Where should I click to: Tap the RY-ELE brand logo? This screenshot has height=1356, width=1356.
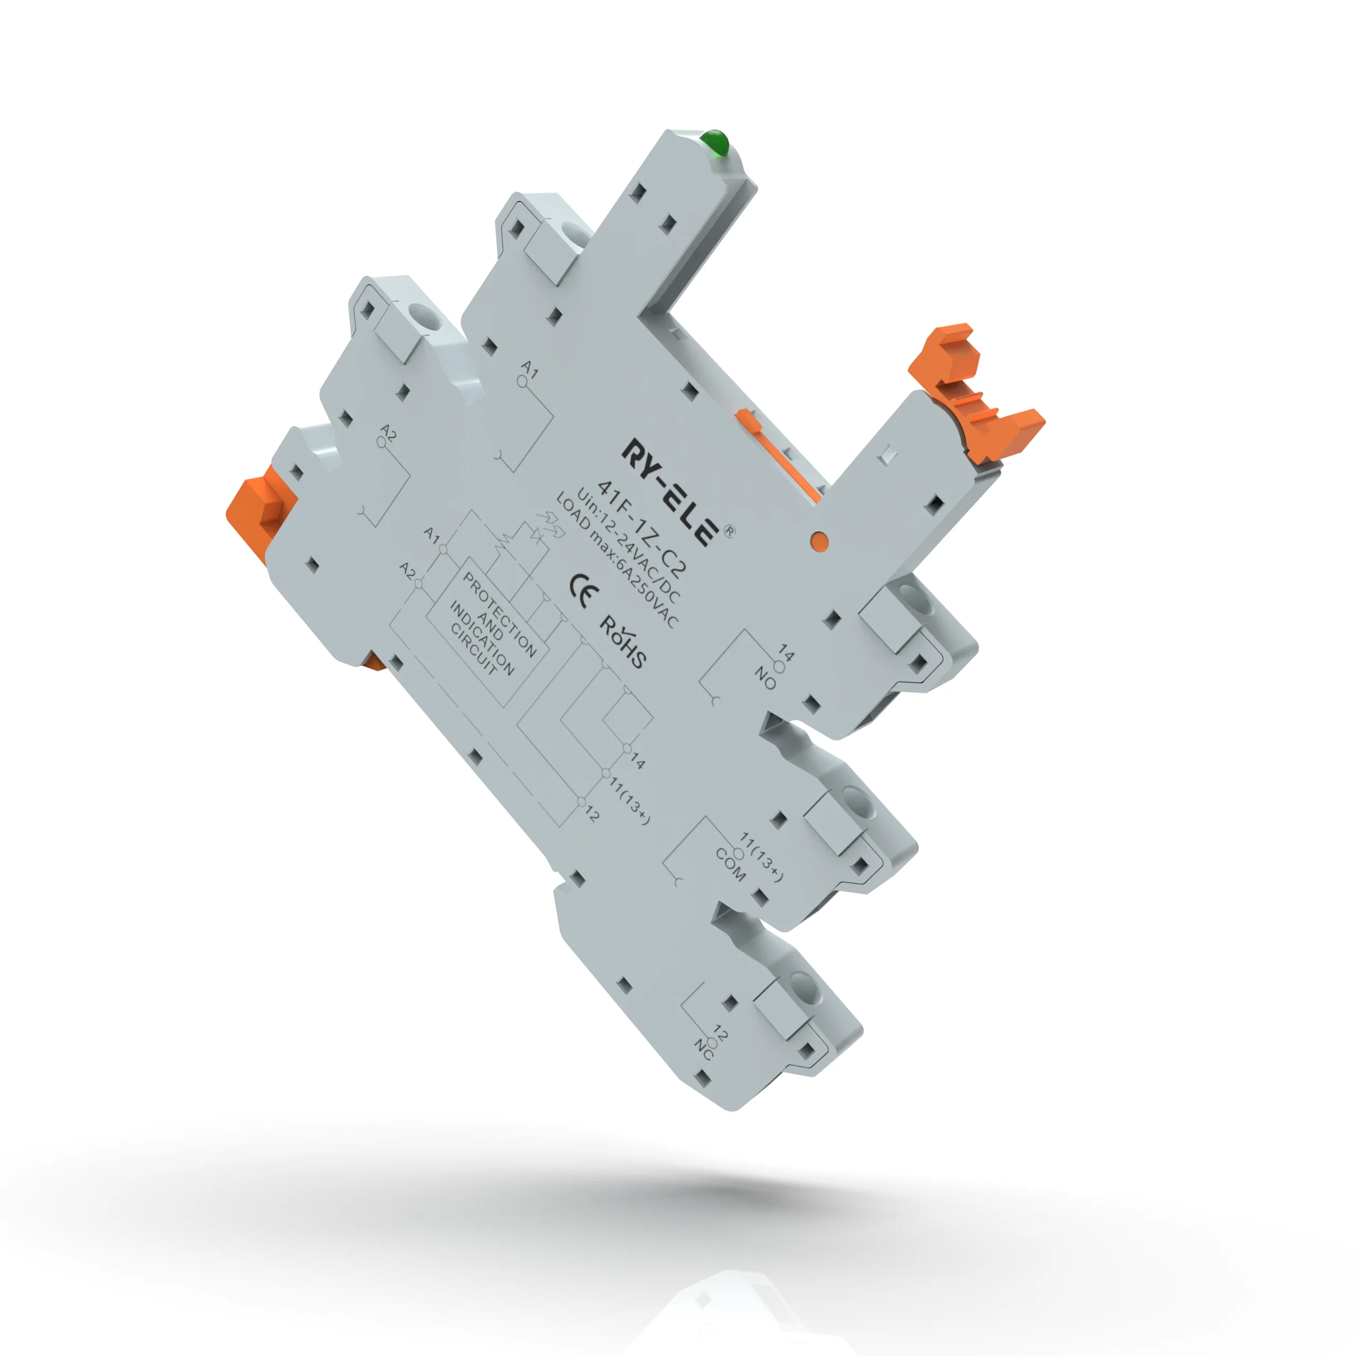(x=670, y=492)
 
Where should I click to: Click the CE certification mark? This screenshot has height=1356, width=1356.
(x=583, y=590)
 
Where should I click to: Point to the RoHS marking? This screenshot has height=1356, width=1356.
(x=622, y=641)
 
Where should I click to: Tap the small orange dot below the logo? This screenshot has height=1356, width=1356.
(x=819, y=540)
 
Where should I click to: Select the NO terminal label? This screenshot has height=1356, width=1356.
(x=765, y=678)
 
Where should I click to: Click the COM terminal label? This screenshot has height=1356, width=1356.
(x=730, y=864)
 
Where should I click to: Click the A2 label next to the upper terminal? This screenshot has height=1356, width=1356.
(x=388, y=432)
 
